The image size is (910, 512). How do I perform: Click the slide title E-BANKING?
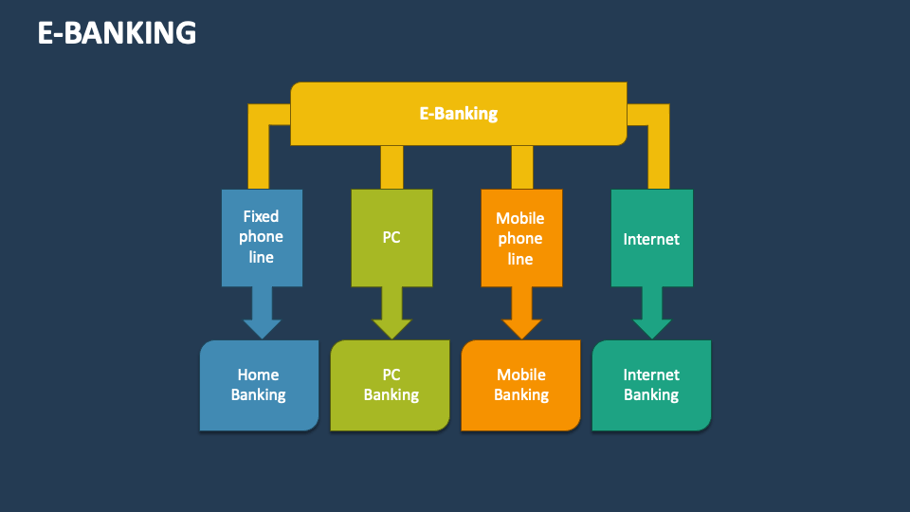tap(117, 33)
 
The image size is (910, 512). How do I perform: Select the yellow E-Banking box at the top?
tap(458, 114)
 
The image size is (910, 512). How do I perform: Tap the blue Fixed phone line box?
tap(262, 237)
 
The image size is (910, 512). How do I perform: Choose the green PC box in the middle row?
tap(391, 237)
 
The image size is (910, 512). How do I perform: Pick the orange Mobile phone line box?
tap(520, 238)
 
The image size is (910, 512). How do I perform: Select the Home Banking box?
tap(259, 385)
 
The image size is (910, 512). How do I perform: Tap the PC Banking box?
tap(391, 385)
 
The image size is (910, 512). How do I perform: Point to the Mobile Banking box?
tap(520, 385)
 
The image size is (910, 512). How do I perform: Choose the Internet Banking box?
tap(651, 385)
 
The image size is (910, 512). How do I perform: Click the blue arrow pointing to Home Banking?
tap(262, 313)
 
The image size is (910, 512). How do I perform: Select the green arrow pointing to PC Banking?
tap(391, 313)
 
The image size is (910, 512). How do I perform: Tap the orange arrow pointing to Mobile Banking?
tap(521, 313)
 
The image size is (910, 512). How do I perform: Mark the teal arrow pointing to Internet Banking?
tap(651, 313)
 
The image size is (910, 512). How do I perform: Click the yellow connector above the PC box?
tap(391, 167)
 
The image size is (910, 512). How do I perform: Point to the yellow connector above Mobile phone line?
tap(522, 167)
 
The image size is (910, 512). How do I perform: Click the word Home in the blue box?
tap(258, 375)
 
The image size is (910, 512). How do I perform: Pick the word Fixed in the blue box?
tap(261, 216)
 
